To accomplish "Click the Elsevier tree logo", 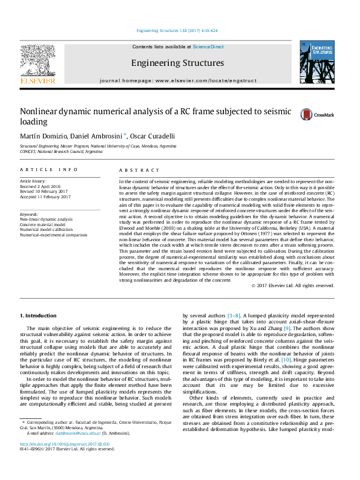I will click(x=38, y=60).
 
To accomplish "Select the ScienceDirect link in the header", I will click(x=209, y=47).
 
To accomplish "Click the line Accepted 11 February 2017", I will click(x=45, y=196).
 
